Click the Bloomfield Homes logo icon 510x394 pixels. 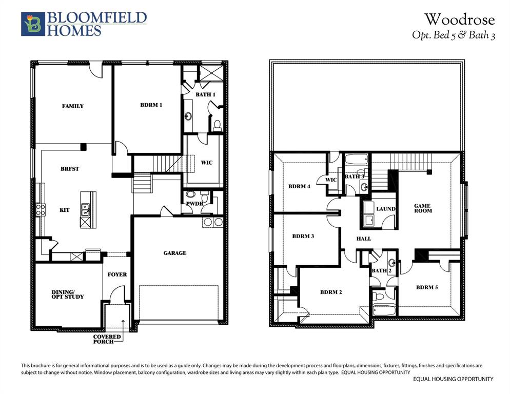tap(33, 24)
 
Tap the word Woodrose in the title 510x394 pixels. tap(459, 19)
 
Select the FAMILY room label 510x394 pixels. tap(73, 106)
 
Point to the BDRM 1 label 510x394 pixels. tap(151, 105)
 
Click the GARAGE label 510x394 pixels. tap(175, 253)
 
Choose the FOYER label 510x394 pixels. tap(117, 274)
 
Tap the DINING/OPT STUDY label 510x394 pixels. tap(67, 294)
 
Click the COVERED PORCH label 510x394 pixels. tap(107, 339)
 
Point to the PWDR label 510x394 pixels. tap(194, 204)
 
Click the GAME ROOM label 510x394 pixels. tap(423, 208)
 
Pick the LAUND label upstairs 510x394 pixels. tap(385, 209)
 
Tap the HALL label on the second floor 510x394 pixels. tap(364, 239)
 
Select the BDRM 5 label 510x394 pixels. tap(427, 287)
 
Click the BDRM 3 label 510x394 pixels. tap(303, 237)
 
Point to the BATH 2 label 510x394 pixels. tap(382, 270)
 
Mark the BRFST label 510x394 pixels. tap(70, 169)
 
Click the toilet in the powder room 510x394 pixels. tap(204, 196)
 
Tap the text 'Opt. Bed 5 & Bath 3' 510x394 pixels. tap(454, 35)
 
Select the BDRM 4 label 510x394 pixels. tap(299, 186)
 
